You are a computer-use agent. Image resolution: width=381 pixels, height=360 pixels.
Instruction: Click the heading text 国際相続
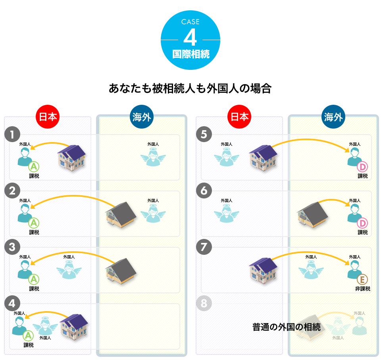(190, 54)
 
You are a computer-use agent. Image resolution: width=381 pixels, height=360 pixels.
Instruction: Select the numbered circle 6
(204, 191)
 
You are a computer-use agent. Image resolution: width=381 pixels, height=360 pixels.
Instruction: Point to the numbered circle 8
(204, 304)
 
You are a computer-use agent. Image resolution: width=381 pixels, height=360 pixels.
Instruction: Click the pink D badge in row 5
(362, 167)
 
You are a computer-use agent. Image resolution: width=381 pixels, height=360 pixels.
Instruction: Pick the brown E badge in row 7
(362, 279)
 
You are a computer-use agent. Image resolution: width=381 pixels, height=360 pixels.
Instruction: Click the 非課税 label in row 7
(362, 289)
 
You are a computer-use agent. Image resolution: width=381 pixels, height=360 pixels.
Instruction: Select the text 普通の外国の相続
(287, 327)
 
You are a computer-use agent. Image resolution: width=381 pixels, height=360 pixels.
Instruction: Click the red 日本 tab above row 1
(48, 117)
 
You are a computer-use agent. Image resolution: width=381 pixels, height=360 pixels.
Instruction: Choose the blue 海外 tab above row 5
(333, 117)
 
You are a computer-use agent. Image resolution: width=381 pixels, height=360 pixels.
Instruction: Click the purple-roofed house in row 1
(72, 158)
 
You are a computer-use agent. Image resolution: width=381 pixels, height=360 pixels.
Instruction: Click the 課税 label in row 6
(362, 232)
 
